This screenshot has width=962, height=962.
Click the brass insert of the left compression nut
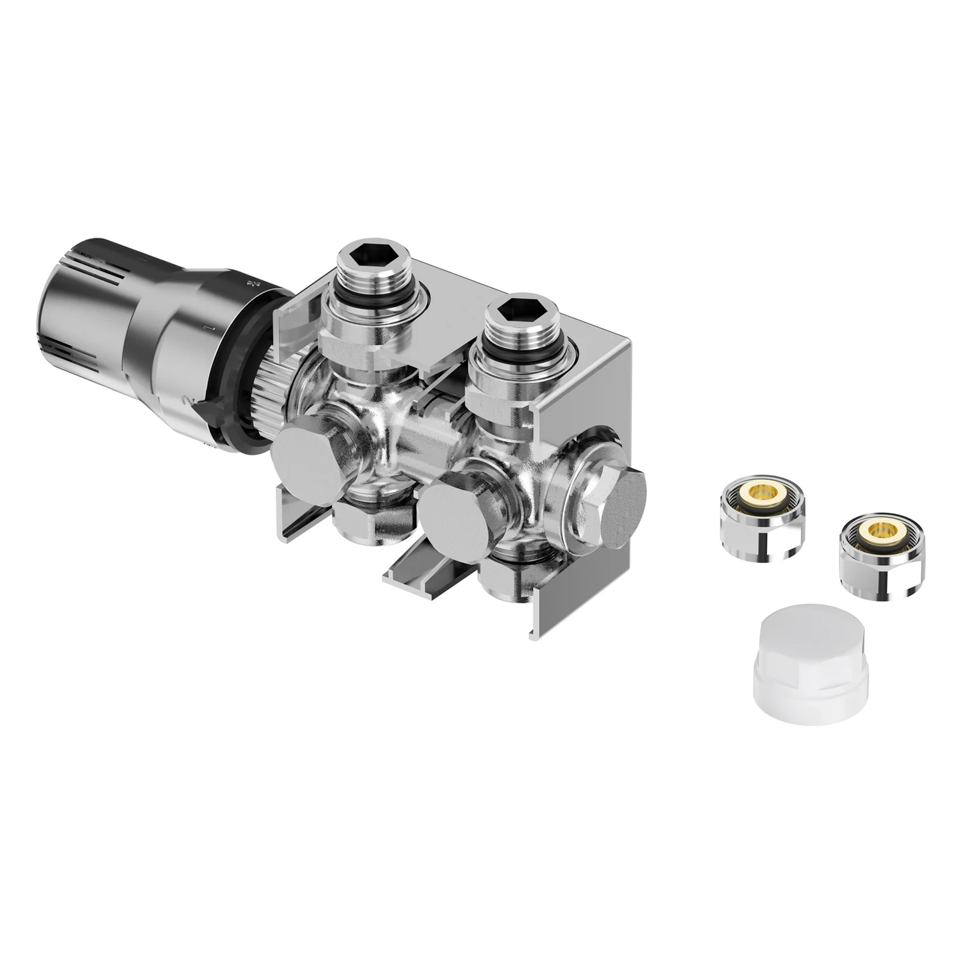pyautogui.click(x=761, y=493)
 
